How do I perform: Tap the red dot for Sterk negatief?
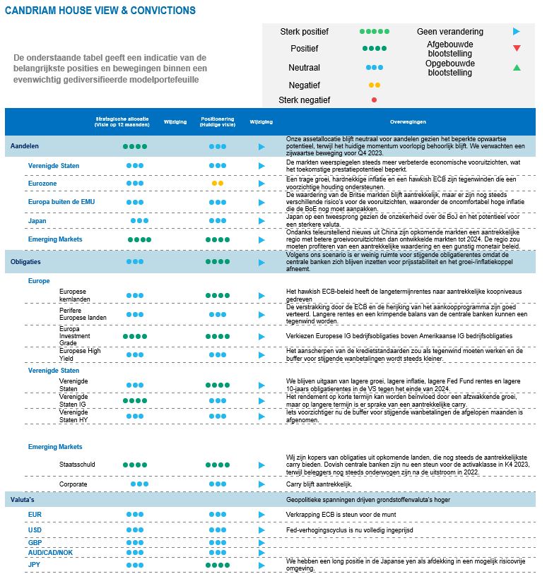374,100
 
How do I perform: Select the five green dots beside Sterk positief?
374,32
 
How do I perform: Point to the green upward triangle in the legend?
517,68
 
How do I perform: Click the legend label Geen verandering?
450,32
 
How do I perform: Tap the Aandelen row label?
25,146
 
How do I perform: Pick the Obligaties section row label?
25,261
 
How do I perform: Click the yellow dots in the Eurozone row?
217,184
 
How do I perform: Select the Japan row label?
37,221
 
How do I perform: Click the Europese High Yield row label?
80,354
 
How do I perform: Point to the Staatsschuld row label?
78,465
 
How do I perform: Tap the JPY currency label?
34,565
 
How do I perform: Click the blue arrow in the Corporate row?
261,484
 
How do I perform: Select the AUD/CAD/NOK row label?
50,552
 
